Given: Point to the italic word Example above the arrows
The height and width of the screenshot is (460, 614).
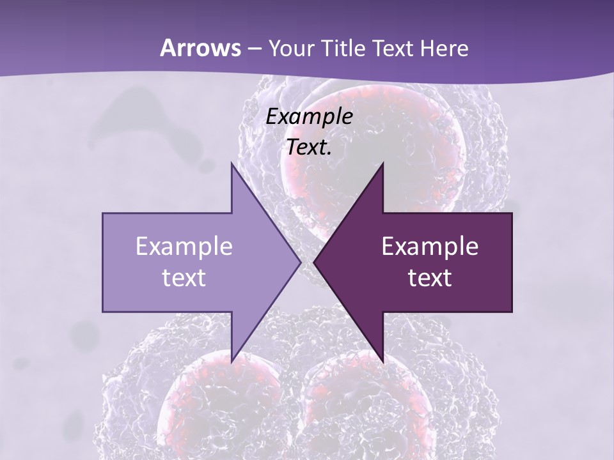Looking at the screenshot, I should pyautogui.click(x=310, y=116).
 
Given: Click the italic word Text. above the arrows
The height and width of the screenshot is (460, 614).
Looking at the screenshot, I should pyautogui.click(x=310, y=148).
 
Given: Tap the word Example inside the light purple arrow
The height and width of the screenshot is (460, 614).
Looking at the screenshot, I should pyautogui.click(x=184, y=246).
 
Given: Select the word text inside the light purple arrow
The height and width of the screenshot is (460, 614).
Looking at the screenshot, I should pyautogui.click(x=184, y=277).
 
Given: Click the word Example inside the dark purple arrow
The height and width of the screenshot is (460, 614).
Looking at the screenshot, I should pyautogui.click(x=430, y=246).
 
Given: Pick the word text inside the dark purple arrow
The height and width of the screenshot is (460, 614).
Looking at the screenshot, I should pyautogui.click(x=430, y=277).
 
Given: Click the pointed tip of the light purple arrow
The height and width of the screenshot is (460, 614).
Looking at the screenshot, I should pyautogui.click(x=300, y=263).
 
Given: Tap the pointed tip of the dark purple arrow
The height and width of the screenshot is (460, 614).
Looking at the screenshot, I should pyautogui.click(x=314, y=263).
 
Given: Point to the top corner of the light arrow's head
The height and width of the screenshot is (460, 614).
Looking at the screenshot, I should pyautogui.click(x=232, y=163).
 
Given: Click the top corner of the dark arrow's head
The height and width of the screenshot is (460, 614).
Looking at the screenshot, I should pyautogui.click(x=382, y=163).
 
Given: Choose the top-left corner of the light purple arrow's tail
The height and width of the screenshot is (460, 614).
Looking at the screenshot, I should pyautogui.click(x=103, y=213).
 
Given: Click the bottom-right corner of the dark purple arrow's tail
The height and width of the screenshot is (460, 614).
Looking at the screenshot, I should pyautogui.click(x=512, y=312).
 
